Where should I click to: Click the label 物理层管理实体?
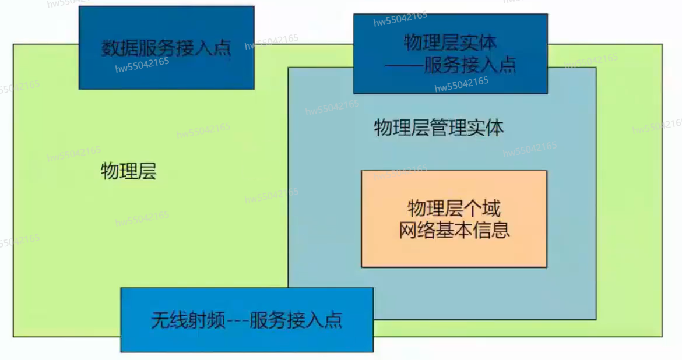(438, 128)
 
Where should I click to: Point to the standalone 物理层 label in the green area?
(129, 171)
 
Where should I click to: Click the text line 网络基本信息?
(455, 230)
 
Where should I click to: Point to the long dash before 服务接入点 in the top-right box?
(404, 65)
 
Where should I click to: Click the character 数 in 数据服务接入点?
(111, 48)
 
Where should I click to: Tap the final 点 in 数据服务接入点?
(222, 48)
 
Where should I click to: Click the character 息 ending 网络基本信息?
(501, 230)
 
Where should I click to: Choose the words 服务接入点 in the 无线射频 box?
(296, 320)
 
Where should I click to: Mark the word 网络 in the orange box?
(417, 230)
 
